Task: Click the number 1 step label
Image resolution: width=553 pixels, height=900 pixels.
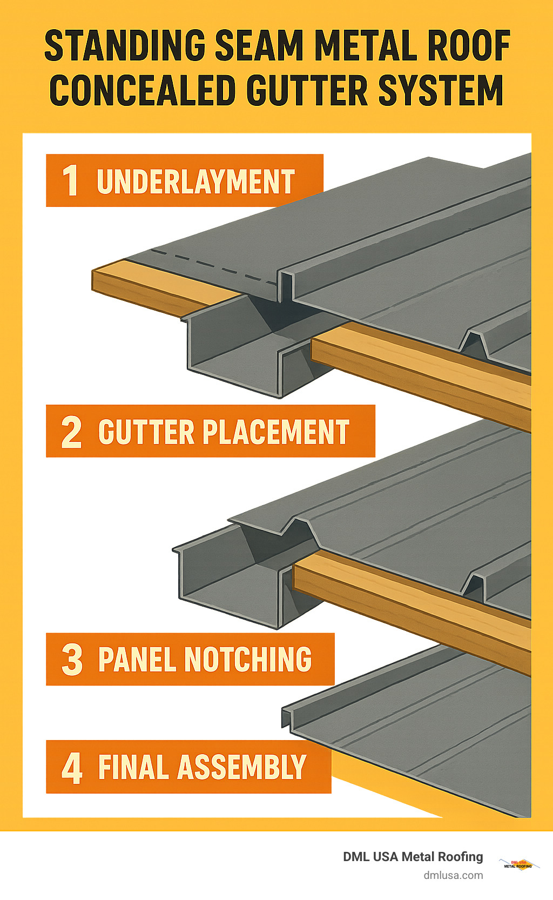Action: coord(70,181)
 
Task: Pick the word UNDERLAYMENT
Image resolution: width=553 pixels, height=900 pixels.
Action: coord(195,182)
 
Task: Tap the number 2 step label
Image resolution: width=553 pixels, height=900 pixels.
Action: coord(71,432)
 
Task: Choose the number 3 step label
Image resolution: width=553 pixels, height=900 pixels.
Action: coord(72,660)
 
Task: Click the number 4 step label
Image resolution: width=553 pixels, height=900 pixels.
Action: coord(72,768)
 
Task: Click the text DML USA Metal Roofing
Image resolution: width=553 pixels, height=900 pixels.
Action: coord(413,857)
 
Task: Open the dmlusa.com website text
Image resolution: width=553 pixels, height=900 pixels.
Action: coord(453,875)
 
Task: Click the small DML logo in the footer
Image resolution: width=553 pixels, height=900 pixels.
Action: coord(518,863)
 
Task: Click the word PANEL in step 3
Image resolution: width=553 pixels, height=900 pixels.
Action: coord(138,660)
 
